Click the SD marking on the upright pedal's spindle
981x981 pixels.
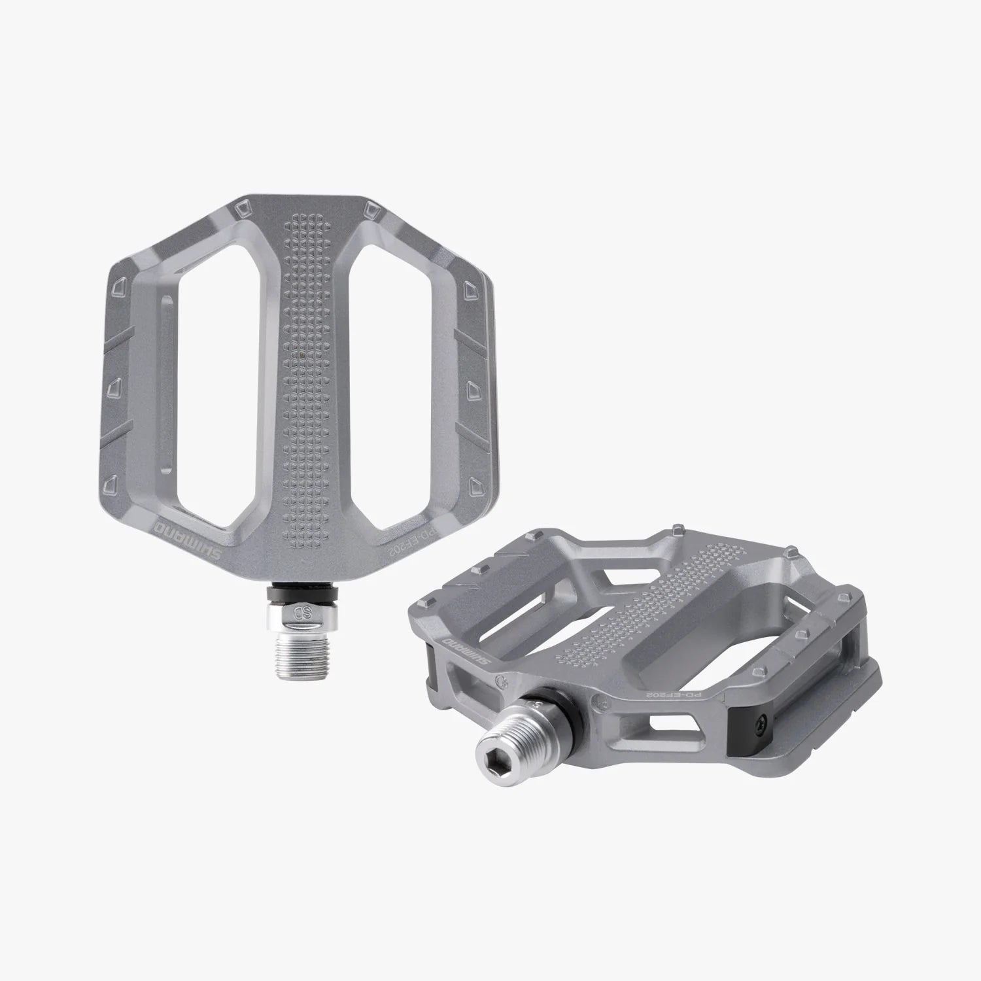306,613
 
